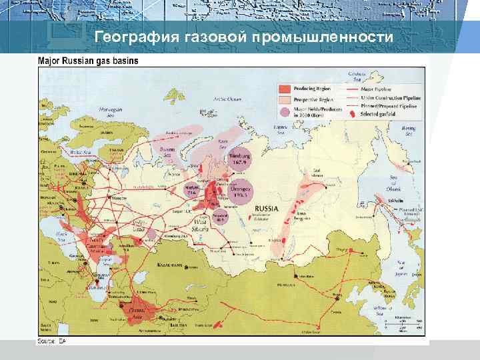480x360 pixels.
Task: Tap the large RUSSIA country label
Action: (266, 208)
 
